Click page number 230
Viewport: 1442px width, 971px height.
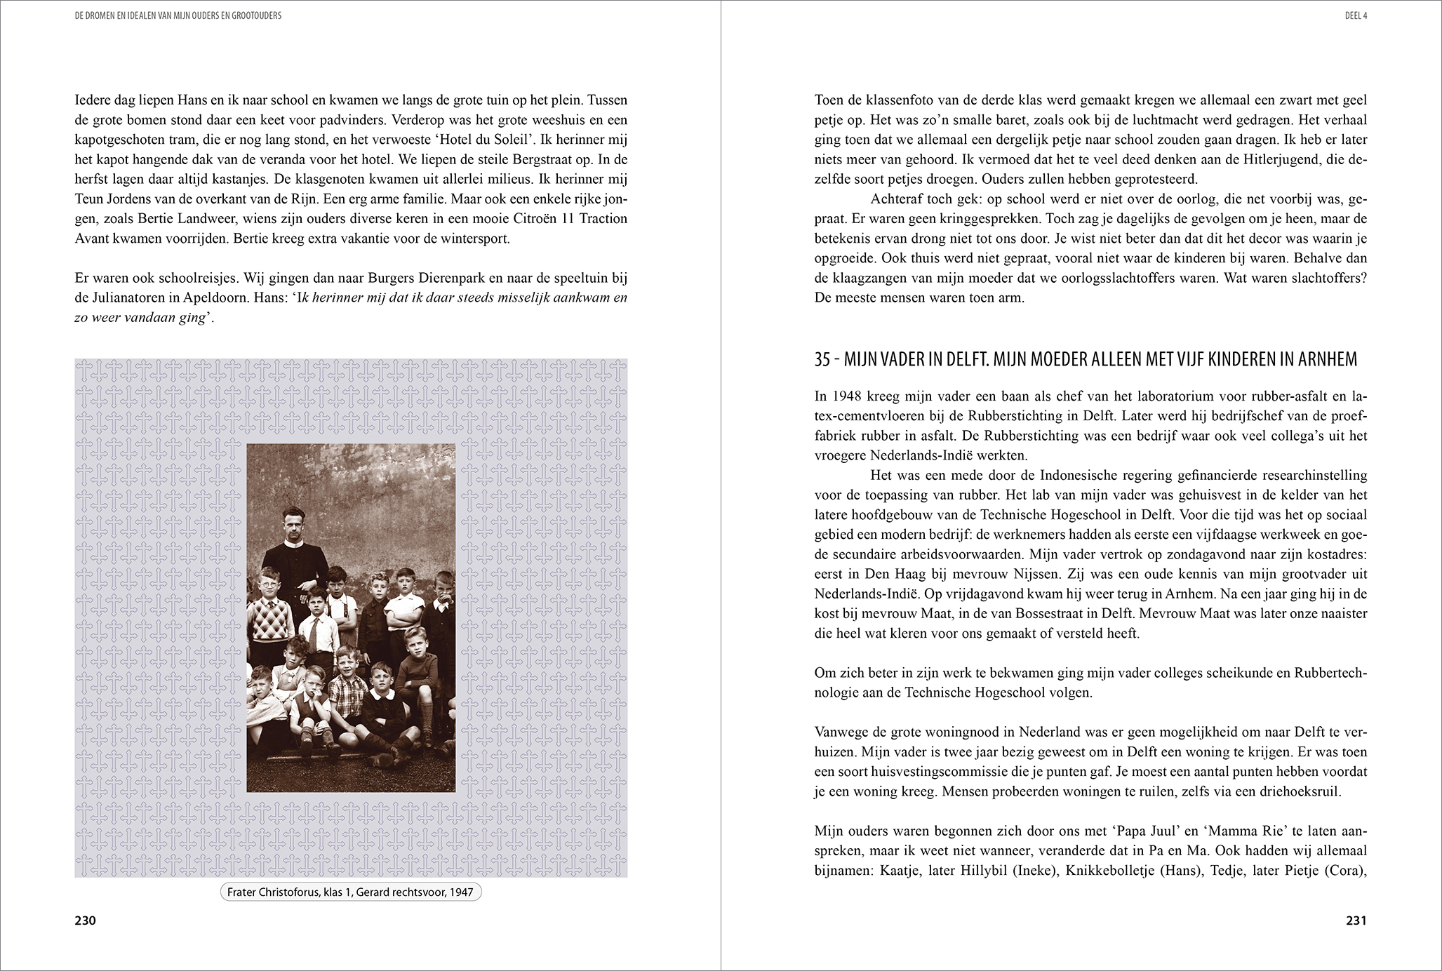pyautogui.click(x=85, y=920)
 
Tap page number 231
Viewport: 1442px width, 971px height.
pyautogui.click(x=1356, y=920)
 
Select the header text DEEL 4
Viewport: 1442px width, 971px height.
pyautogui.click(x=1356, y=15)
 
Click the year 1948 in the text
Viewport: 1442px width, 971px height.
pyautogui.click(x=848, y=396)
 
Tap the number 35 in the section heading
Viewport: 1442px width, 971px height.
pyautogui.click(x=822, y=360)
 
